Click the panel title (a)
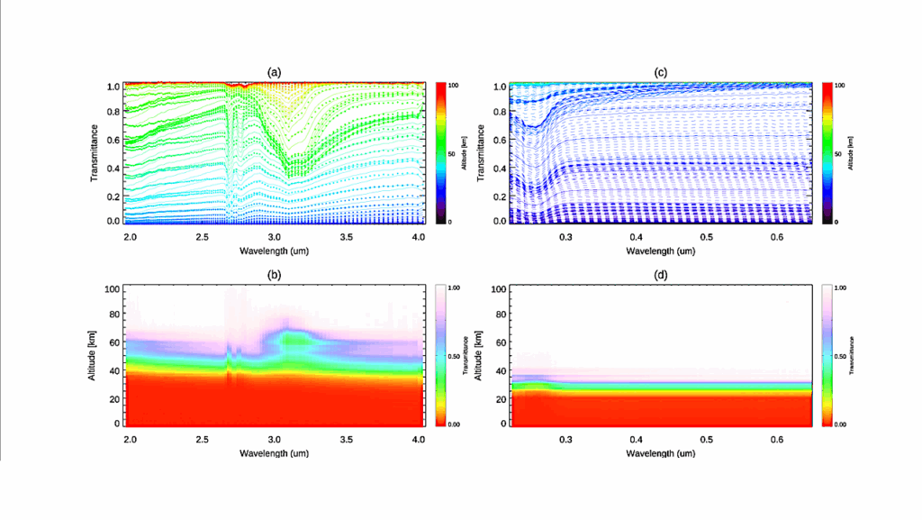[275, 71]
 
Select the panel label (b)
[275, 273]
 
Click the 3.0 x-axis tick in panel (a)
[275, 236]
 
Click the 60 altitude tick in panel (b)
[113, 343]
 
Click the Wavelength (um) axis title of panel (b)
[275, 452]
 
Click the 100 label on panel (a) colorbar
[453, 85]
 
